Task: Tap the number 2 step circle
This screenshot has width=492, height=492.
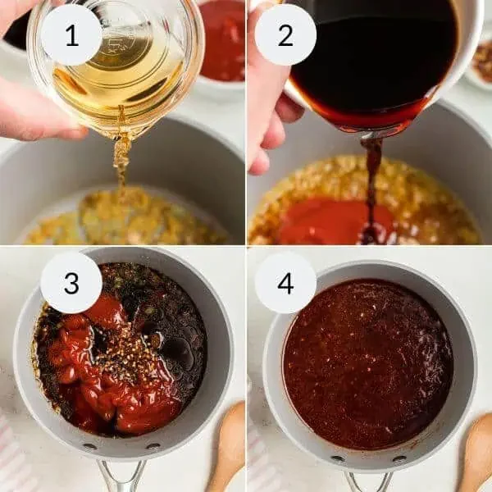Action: point(285,34)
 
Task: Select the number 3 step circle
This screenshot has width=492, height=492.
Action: point(71,283)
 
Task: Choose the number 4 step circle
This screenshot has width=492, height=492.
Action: point(285,283)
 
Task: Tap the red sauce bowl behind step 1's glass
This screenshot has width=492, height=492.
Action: point(222,41)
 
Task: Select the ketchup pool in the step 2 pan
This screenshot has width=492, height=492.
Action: point(328,221)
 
